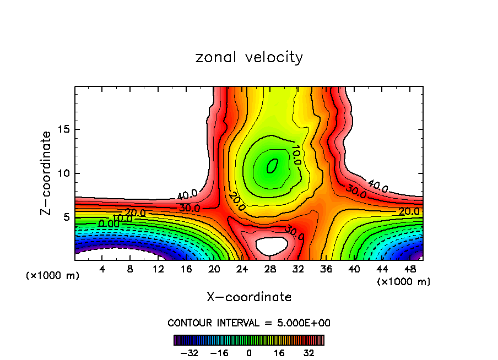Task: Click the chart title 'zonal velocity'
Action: (249, 57)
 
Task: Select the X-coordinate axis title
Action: (249, 297)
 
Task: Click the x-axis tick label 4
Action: (102, 269)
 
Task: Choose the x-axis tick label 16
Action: (186, 269)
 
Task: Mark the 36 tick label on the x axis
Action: (326, 269)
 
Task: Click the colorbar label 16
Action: (279, 353)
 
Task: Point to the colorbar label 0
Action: (250, 353)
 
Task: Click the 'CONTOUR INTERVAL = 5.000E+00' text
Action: (249, 323)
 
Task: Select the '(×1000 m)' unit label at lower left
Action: (52, 276)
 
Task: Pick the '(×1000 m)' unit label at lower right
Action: (403, 282)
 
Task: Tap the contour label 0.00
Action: (108, 224)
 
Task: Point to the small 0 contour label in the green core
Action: (271, 165)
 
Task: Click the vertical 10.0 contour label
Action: (296, 155)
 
